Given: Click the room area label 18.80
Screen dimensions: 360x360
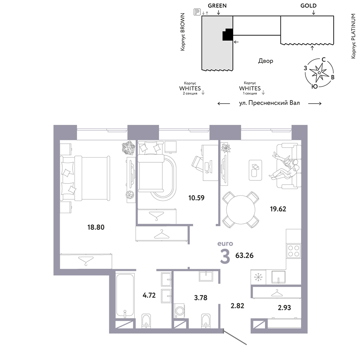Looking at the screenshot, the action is click(96, 227).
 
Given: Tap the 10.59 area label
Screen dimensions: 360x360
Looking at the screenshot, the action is click(196, 198).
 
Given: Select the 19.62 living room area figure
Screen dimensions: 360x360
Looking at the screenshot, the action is click(278, 209).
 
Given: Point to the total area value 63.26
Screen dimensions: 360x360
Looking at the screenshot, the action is click(244, 255).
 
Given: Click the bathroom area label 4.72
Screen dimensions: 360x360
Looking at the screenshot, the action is click(149, 295).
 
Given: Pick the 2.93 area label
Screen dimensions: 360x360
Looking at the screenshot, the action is click(284, 307).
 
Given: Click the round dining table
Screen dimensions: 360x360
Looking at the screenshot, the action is click(240, 210).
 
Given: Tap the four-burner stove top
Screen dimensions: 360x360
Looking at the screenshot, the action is click(294, 251).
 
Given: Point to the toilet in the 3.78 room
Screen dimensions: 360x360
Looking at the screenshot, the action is click(206, 320).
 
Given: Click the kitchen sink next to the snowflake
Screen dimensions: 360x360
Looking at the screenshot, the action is click(278, 277).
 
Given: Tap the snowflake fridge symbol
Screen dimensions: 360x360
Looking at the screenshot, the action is click(258, 277).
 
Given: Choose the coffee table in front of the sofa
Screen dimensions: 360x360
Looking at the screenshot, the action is click(255, 170).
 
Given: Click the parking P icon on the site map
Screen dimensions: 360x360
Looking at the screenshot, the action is click(197, 12).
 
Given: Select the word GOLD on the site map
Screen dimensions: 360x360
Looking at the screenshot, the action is click(309, 6).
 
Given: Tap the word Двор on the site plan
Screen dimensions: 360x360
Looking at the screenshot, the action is click(266, 61).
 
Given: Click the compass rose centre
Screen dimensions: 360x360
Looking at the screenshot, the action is click(319, 73).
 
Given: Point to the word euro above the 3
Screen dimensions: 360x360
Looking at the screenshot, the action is click(225, 244).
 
